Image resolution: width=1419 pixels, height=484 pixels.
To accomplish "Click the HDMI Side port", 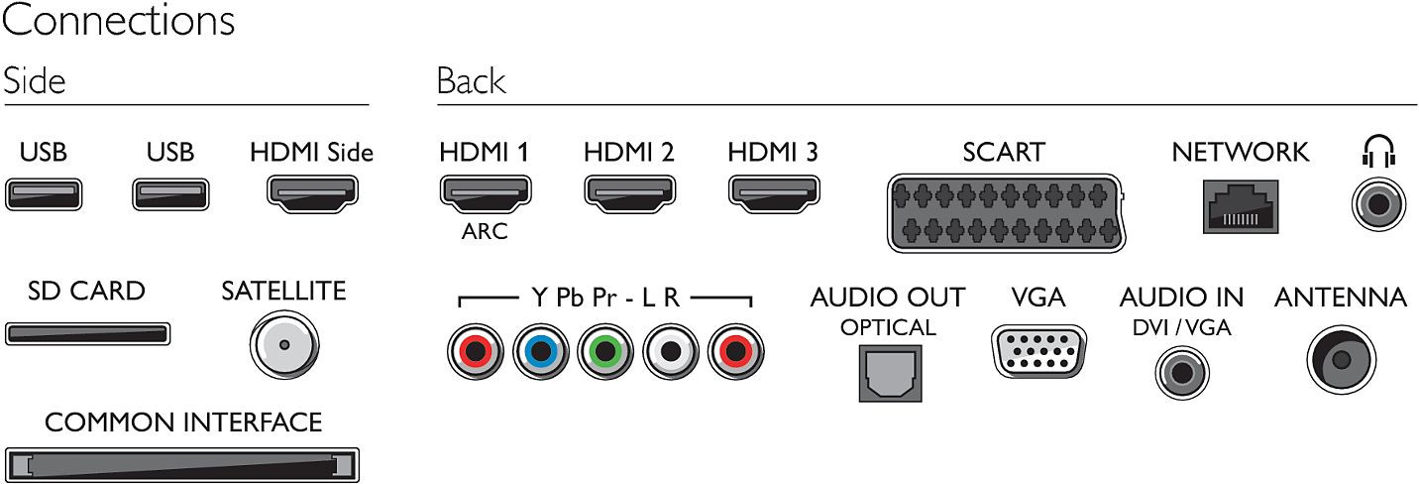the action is tap(312, 194).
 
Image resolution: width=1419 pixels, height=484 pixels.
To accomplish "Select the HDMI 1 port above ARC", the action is tap(486, 193).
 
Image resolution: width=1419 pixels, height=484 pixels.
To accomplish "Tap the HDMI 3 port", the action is tap(774, 193).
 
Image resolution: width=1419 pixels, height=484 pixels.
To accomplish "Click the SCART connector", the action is tap(1006, 213).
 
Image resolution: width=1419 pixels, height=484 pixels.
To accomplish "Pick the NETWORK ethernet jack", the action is tap(1241, 207).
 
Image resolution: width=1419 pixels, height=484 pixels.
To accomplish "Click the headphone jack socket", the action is tap(1378, 204).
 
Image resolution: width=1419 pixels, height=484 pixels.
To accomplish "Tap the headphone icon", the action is tap(1378, 151).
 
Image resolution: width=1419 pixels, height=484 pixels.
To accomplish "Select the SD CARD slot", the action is tap(88, 333).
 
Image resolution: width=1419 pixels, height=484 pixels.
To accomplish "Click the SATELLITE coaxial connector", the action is tap(284, 345).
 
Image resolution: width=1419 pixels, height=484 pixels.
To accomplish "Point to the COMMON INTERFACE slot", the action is tap(182, 465).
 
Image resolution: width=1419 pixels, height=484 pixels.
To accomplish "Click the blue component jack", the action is tap(540, 351).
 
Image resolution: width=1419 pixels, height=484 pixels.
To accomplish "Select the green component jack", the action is tap(605, 351).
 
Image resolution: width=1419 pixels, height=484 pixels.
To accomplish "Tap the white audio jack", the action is tap(671, 351).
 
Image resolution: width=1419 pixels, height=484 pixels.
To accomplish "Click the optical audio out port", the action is tap(890, 374).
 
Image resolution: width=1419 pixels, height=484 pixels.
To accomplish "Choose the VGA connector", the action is tap(1038, 351).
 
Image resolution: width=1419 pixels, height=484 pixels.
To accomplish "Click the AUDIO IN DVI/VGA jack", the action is tap(1182, 372).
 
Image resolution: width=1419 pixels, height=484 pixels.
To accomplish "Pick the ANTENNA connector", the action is tap(1341, 360).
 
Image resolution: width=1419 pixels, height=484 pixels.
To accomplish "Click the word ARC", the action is tap(485, 231).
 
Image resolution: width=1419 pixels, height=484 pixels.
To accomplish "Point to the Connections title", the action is tap(119, 20).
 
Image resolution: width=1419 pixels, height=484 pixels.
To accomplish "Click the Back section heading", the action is tap(472, 81).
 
